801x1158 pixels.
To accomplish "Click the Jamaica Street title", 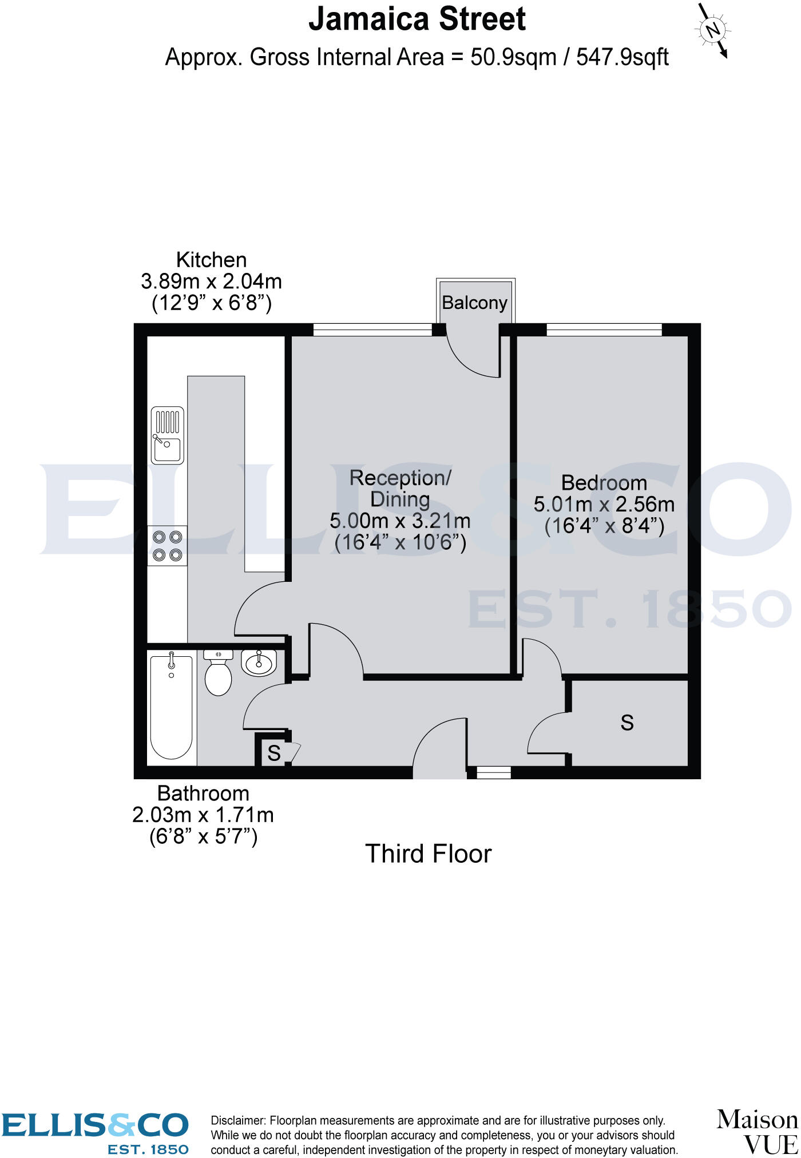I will click(417, 19).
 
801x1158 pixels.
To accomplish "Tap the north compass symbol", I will click(712, 30).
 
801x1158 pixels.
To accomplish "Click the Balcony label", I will click(474, 303).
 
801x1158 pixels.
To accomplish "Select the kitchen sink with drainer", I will click(168, 435).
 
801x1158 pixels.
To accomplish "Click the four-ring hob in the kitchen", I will click(168, 546).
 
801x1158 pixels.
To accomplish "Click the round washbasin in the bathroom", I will click(259, 663).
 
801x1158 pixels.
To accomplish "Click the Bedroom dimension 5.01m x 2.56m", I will click(604, 505).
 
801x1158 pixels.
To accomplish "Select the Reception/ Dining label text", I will click(400, 488).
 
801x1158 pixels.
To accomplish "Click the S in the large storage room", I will click(627, 723).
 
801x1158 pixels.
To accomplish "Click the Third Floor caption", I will click(428, 854).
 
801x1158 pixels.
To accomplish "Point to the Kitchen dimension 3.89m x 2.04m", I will click(211, 281).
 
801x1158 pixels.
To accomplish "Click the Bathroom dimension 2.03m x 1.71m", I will click(203, 815).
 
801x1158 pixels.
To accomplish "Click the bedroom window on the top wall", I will click(604, 330).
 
